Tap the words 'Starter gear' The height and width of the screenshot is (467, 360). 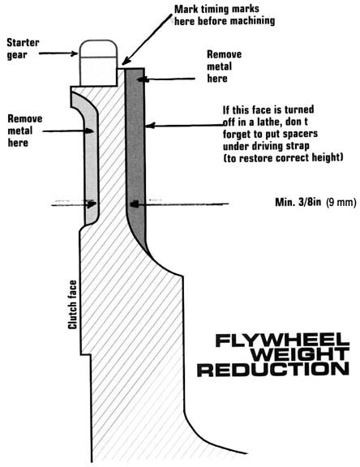(x=23, y=49)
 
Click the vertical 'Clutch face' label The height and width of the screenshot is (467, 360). (x=73, y=304)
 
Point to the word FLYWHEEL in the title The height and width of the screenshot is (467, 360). (x=282, y=341)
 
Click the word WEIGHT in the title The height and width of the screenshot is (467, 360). (x=300, y=354)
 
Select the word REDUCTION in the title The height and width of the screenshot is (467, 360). (x=272, y=369)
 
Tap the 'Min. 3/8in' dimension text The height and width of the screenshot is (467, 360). (x=298, y=202)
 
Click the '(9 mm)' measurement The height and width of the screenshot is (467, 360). (x=341, y=203)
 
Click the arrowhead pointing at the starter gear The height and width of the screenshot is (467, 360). (x=74, y=54)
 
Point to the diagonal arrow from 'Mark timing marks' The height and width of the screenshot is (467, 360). (x=147, y=40)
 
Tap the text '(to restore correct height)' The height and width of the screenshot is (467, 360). (x=283, y=157)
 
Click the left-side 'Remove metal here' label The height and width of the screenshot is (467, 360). (x=25, y=131)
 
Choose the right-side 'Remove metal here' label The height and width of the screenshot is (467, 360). (x=225, y=66)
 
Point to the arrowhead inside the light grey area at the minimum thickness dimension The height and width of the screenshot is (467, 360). (x=92, y=204)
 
